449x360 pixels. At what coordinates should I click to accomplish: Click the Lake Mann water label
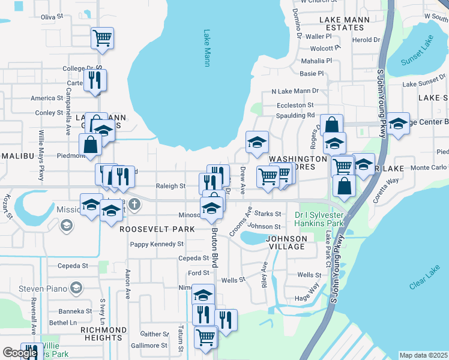pos(207,48)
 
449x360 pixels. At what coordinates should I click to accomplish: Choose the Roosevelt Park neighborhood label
pos(157,229)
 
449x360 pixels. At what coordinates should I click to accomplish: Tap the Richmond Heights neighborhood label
pos(99,334)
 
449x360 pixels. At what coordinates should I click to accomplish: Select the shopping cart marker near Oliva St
pos(102,38)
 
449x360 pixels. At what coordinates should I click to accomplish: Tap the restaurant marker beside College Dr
pos(94,80)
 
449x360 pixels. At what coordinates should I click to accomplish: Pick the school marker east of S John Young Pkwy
pos(398,124)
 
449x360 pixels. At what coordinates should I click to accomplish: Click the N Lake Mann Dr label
pos(295,91)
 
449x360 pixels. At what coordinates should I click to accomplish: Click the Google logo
pos(20,353)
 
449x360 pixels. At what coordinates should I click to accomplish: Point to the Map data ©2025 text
pos(423,355)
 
